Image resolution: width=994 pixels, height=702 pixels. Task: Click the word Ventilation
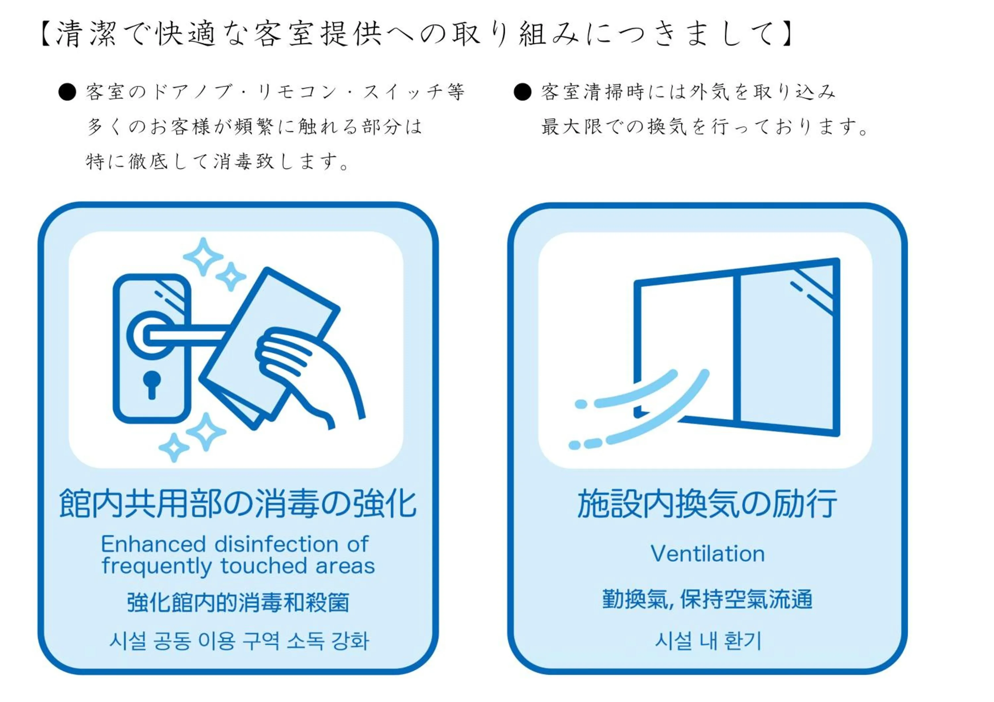click(x=707, y=554)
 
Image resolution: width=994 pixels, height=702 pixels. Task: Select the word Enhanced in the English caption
click(x=153, y=544)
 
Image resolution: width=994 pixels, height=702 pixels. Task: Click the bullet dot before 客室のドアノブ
click(x=68, y=92)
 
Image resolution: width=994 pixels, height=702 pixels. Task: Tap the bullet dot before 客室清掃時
click(x=523, y=92)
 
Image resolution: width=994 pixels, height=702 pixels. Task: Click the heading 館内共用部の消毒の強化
click(x=238, y=504)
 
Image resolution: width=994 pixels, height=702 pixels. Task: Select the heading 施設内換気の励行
click(x=707, y=504)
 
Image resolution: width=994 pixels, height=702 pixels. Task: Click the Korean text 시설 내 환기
click(x=708, y=641)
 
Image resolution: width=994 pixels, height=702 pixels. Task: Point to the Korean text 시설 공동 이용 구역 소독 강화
click(x=239, y=641)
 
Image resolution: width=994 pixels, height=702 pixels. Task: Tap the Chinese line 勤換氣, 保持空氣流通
click(x=707, y=599)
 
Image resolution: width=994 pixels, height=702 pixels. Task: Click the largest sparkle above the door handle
click(x=203, y=257)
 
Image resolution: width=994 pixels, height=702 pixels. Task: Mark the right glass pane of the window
click(x=786, y=346)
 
